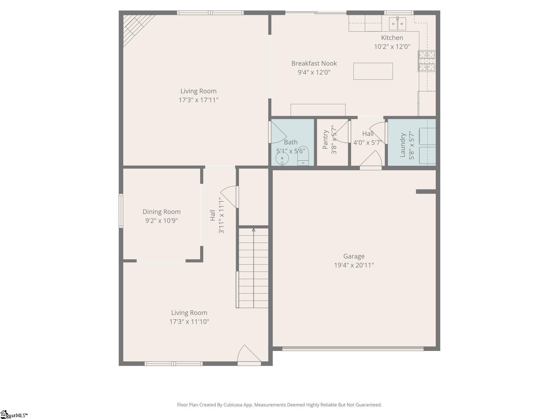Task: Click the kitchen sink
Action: tap(397, 24)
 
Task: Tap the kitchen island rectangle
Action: tap(373, 71)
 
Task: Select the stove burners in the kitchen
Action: tap(427, 61)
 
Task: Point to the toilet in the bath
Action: tap(303, 156)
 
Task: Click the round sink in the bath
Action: tap(282, 158)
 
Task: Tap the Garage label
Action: tap(354, 256)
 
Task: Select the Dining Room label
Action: tap(162, 211)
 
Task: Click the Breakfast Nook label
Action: tap(314, 63)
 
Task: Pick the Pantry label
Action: tap(325, 140)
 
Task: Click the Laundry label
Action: tap(402, 145)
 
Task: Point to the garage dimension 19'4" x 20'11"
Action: tap(354, 265)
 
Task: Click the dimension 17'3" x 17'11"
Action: tap(199, 100)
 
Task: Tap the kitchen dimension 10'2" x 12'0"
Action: tap(392, 47)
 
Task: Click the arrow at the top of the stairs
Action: tap(254, 230)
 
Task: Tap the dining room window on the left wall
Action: tap(121, 211)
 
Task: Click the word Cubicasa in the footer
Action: tap(233, 405)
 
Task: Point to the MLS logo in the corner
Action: tap(14, 415)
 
